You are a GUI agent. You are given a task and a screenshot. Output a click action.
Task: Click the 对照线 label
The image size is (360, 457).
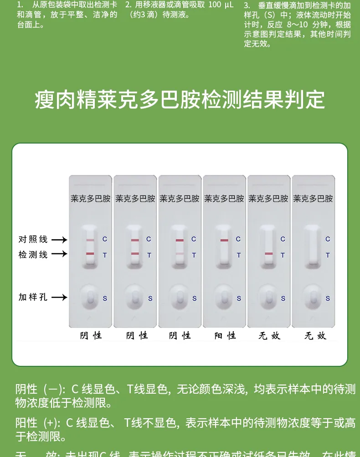[x=33, y=239]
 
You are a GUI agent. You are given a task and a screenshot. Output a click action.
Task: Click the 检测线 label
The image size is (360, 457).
[x=33, y=254]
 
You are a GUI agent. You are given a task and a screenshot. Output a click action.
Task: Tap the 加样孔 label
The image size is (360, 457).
[x=33, y=298]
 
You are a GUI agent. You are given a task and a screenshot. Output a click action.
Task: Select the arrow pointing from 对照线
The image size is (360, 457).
[x=59, y=240]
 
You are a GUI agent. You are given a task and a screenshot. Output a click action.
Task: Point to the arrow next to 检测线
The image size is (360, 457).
[x=59, y=254]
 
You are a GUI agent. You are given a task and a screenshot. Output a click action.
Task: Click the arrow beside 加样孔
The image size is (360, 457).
[x=59, y=298]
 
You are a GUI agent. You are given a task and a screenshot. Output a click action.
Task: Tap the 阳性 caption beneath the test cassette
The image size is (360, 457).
[x=225, y=336]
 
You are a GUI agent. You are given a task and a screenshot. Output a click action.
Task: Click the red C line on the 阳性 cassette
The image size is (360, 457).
[x=224, y=240]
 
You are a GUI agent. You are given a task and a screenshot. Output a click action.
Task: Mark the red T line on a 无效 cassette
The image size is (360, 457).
[x=268, y=254]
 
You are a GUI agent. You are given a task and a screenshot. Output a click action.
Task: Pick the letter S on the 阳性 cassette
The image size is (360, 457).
[x=238, y=298]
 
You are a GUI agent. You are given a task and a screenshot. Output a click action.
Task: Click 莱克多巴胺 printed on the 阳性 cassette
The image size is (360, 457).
[x=224, y=199]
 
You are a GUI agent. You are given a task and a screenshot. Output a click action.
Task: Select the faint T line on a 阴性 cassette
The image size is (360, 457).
[x=180, y=253]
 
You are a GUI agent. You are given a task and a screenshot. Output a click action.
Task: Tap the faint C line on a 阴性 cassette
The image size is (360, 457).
[x=90, y=240]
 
